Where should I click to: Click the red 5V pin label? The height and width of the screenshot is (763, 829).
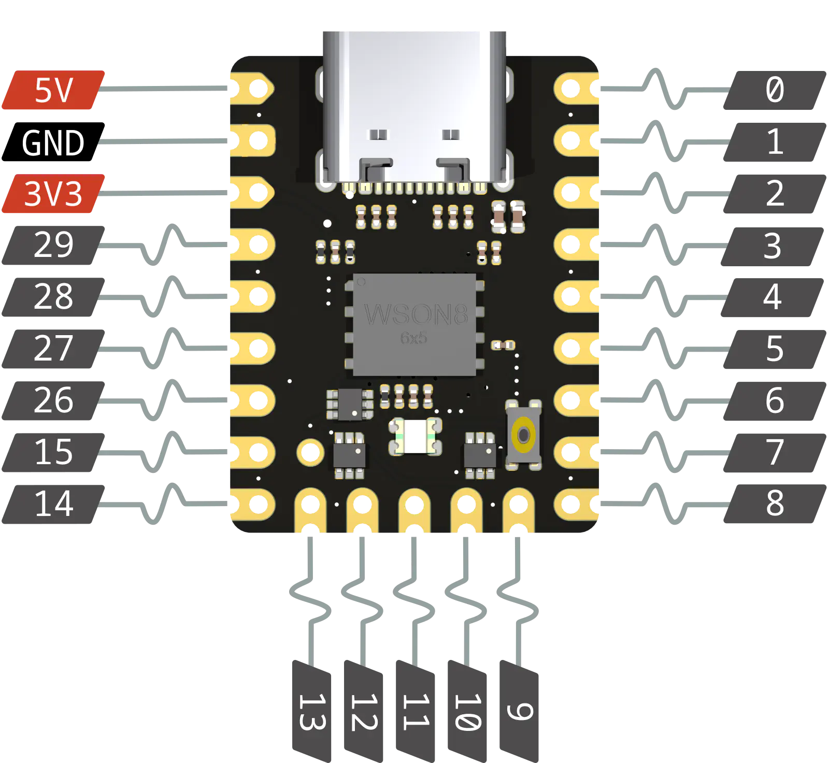point(54,91)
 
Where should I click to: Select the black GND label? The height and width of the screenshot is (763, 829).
point(53,142)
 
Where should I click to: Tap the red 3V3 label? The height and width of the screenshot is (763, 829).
point(53,194)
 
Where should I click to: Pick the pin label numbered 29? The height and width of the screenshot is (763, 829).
point(53,244)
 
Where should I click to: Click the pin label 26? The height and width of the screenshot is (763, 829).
point(53,400)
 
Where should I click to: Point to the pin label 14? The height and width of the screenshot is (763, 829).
point(53,504)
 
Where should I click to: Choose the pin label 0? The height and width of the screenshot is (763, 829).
point(775,90)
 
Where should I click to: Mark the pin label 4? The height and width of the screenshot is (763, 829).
point(772,297)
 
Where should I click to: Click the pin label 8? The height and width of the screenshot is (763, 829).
point(775,503)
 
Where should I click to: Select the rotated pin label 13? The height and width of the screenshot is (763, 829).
point(311,712)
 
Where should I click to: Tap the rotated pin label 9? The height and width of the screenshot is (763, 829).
point(518,712)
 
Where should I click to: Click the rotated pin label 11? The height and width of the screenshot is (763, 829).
point(414,712)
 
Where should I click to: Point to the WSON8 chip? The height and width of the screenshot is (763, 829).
point(414,324)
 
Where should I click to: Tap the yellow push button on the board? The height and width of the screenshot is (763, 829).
point(524,435)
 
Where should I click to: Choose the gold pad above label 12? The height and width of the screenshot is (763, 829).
point(363,510)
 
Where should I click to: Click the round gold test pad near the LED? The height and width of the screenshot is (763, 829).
point(310,453)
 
